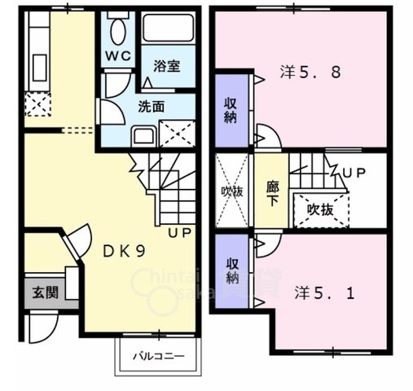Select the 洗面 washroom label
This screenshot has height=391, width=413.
[x=150, y=105]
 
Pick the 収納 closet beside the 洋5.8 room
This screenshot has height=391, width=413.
[x=231, y=110]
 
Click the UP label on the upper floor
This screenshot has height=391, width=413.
[x=354, y=173]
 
